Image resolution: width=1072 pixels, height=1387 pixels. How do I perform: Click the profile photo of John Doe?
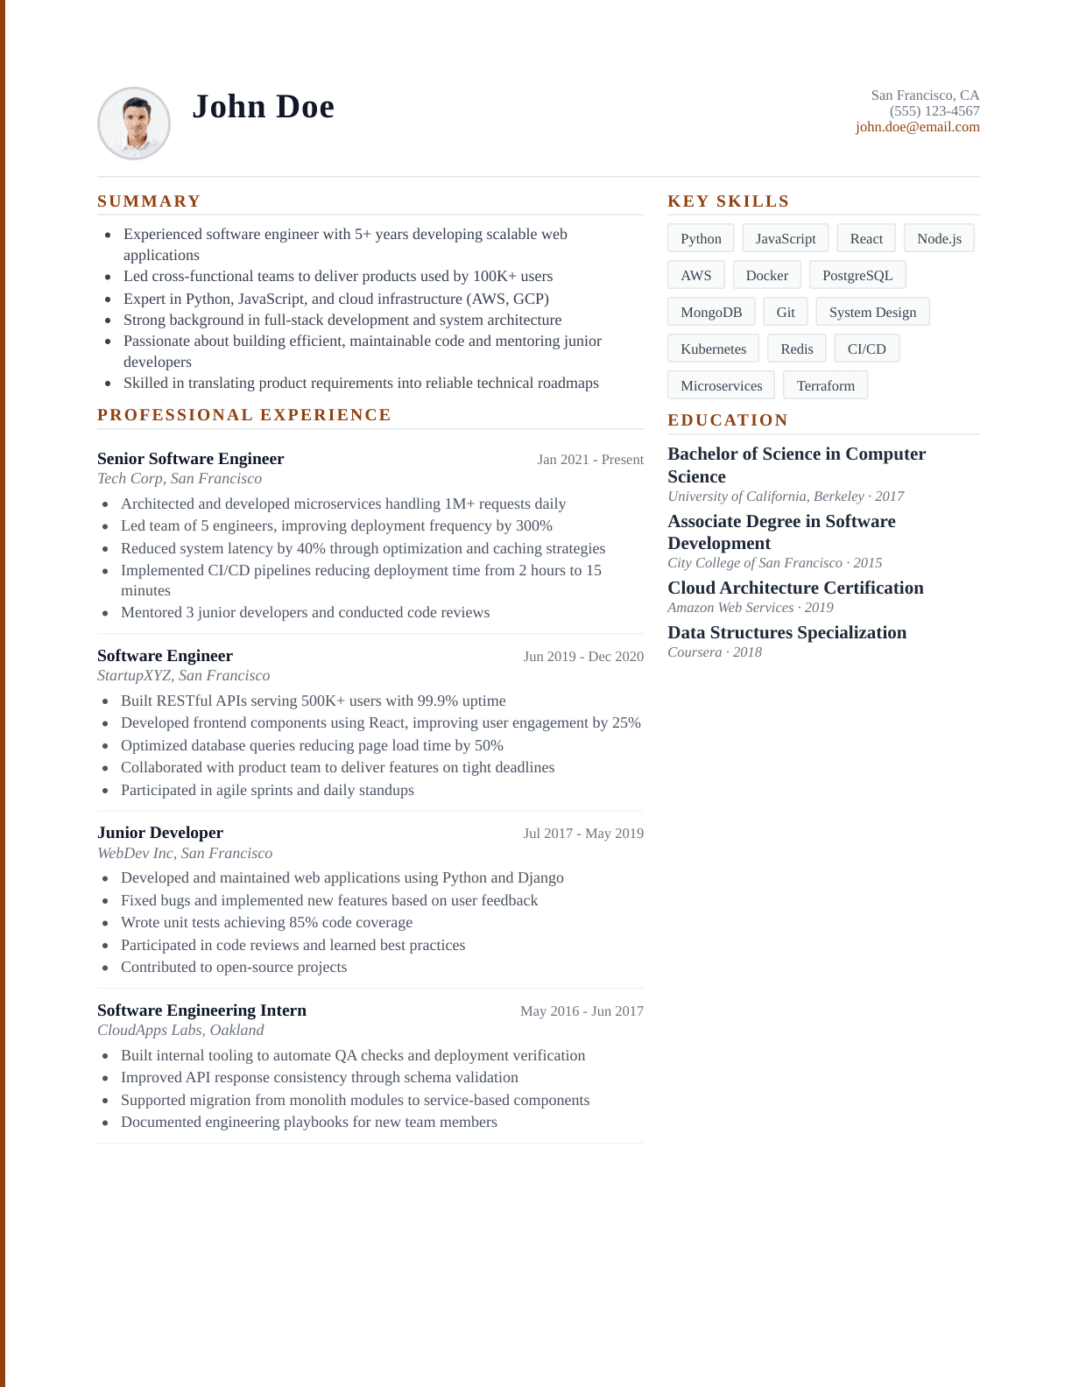[134, 123]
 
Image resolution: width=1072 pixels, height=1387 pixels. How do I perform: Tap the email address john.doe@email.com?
[917, 127]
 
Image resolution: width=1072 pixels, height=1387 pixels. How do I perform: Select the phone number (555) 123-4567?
[934, 111]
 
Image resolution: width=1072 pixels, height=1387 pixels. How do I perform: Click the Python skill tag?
[701, 239]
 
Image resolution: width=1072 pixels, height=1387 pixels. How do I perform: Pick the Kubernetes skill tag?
[713, 349]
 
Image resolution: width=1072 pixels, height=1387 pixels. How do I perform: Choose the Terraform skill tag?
[825, 386]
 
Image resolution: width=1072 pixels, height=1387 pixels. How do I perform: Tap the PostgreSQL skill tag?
[857, 276]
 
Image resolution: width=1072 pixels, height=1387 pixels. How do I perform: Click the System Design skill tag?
[871, 313]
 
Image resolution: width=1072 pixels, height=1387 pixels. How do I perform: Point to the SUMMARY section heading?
[149, 201]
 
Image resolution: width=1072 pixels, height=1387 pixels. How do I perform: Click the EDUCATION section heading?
[728, 420]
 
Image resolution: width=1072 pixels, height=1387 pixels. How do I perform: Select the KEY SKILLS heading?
[728, 201]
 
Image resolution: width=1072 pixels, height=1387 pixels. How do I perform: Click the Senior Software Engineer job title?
[190, 459]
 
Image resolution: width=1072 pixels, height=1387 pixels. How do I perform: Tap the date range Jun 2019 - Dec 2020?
[582, 657]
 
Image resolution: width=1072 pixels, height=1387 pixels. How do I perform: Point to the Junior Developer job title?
[160, 833]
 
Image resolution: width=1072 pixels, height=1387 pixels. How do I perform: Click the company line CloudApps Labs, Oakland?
[180, 1031]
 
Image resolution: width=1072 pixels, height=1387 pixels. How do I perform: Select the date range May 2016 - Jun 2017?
[582, 1011]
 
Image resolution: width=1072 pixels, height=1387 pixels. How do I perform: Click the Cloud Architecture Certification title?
[795, 588]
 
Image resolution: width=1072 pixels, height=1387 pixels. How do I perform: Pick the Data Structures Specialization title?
[786, 633]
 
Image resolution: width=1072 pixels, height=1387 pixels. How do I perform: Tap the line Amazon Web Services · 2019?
[750, 608]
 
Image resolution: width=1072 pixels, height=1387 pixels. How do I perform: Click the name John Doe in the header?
[263, 107]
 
